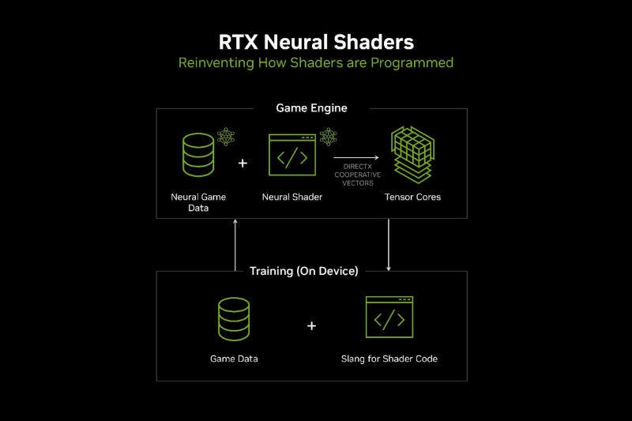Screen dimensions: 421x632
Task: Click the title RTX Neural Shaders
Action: (316, 40)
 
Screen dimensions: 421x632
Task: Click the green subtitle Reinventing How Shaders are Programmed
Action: (316, 62)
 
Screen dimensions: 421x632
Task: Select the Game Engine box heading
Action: (311, 107)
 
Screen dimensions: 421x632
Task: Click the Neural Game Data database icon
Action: (198, 154)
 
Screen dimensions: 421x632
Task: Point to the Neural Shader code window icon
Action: (292, 156)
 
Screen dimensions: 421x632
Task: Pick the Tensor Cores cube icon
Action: (414, 156)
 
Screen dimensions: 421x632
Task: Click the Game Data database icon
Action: (234, 318)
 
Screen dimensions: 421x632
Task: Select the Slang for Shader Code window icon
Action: (389, 318)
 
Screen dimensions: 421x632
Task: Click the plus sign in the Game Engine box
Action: (243, 164)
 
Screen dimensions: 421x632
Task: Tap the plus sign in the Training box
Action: (311, 325)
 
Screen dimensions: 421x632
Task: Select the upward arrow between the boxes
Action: (235, 245)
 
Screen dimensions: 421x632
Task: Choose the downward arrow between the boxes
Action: (389, 245)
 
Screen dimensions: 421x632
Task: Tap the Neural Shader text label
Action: (292, 197)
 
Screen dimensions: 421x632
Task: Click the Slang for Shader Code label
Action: (389, 359)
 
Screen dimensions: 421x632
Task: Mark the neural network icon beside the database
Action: (226, 137)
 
